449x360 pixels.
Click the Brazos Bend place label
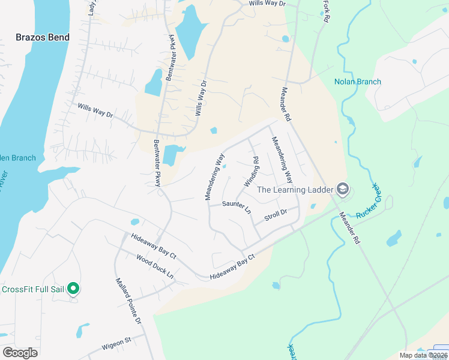coord(42,37)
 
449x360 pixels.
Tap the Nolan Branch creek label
coord(358,82)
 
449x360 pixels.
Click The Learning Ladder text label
coord(294,190)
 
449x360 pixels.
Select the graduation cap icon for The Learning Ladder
coord(343,190)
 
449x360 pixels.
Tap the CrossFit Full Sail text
coord(32,289)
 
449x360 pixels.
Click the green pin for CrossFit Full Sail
coord(73,289)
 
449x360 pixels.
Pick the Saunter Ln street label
coord(236,206)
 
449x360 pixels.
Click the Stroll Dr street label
coord(276,213)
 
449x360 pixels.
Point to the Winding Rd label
coord(252,172)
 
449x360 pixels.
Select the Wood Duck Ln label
coord(155,267)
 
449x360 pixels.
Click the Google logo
coord(20,353)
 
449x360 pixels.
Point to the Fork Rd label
coord(326,11)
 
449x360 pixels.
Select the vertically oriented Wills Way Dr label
coord(201,98)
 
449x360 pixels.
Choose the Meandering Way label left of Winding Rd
coord(214,177)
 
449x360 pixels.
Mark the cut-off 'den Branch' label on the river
coord(18,158)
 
